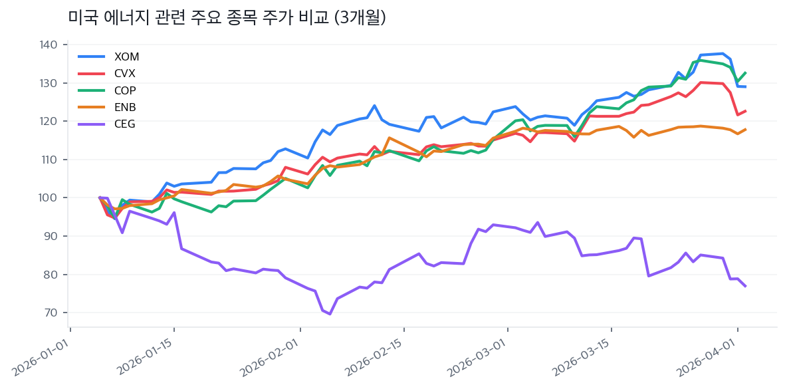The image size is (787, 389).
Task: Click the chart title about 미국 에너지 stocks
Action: point(227,18)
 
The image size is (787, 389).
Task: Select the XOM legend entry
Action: point(126,57)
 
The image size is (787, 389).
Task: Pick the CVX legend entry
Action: point(124,73)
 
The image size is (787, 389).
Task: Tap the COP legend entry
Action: point(125,90)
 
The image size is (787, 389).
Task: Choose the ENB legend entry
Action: point(125,107)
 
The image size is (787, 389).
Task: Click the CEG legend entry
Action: point(124,124)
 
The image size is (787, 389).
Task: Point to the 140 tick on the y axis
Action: point(49,45)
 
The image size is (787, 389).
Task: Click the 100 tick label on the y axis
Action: point(49,198)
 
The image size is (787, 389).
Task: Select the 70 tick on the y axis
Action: point(51,313)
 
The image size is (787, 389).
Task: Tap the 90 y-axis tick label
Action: point(51,236)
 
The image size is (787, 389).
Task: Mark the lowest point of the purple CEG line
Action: point(330,314)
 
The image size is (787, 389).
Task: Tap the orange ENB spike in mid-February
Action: point(389,138)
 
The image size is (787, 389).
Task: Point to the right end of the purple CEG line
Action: point(745,286)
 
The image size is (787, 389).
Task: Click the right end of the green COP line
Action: point(745,72)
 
